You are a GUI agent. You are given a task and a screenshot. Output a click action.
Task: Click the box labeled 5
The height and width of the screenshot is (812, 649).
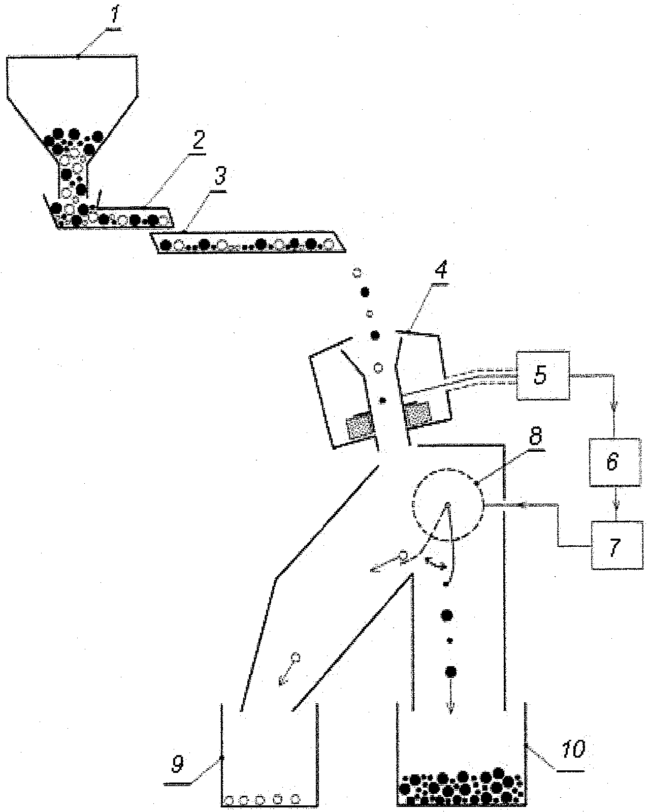543,375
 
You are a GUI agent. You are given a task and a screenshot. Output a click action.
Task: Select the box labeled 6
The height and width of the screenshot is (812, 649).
614,462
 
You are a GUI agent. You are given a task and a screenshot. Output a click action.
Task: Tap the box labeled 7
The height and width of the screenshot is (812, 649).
617,545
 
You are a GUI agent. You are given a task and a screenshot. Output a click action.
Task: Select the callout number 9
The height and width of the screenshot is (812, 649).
177,764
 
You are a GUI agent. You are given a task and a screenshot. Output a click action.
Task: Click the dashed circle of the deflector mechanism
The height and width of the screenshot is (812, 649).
448,505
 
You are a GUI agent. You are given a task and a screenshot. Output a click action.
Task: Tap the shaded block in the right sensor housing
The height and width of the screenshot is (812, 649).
417,414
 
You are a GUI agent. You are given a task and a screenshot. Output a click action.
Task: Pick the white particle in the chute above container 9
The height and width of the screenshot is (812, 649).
296,658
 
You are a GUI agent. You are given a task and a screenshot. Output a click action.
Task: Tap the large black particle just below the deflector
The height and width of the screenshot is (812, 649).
446,615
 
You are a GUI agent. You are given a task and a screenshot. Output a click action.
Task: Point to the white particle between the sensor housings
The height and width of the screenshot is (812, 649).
378,367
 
